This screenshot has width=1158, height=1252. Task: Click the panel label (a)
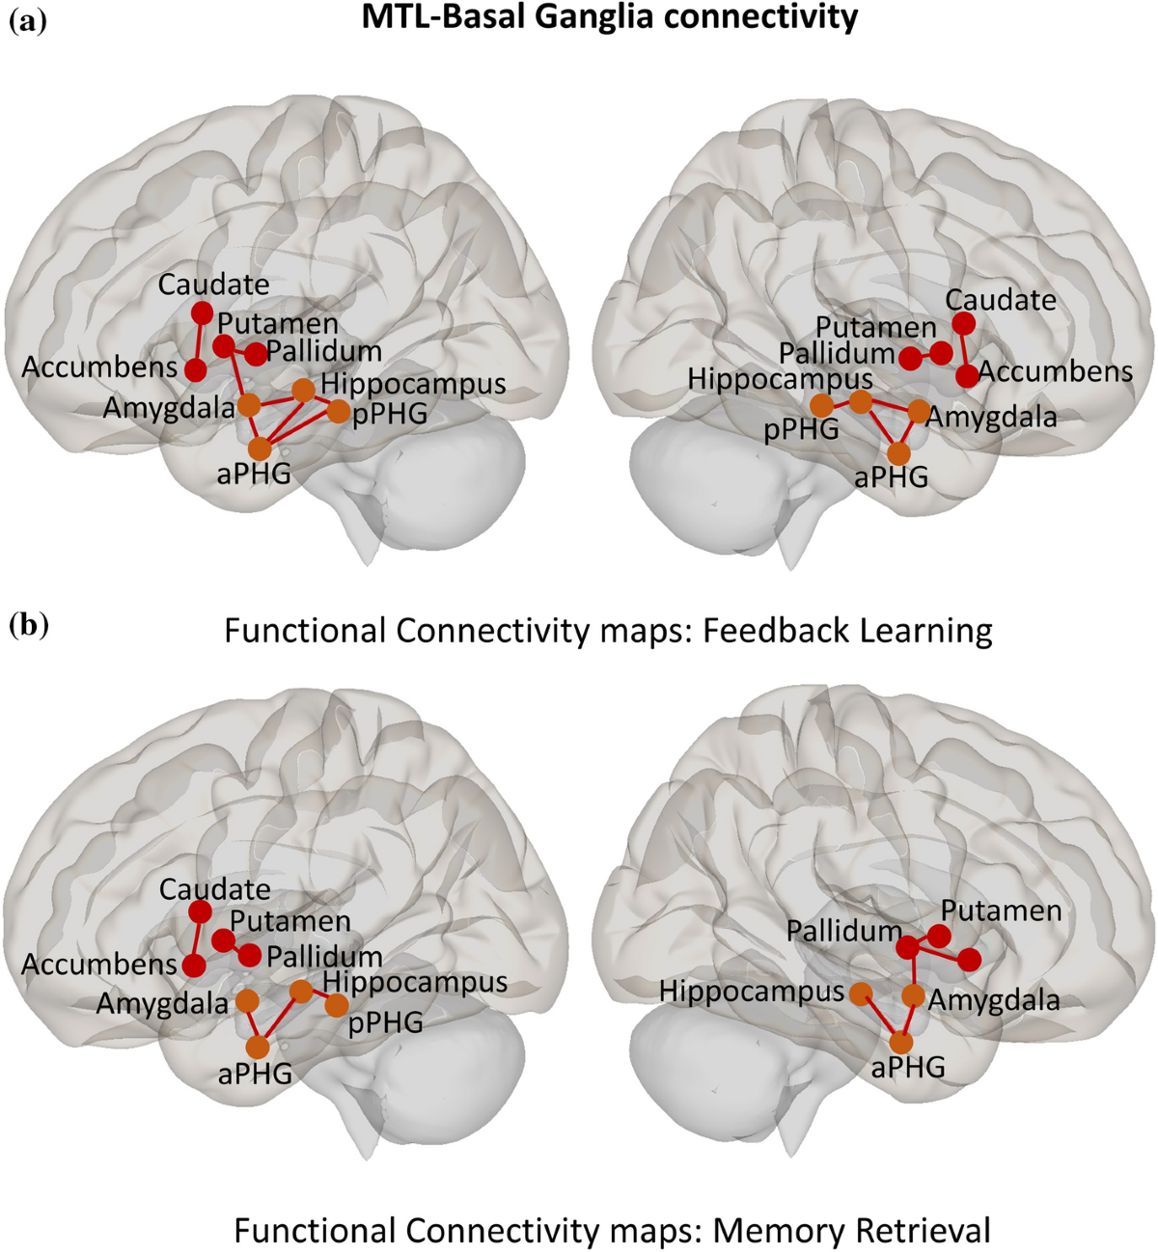27,20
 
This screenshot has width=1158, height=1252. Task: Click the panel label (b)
28,626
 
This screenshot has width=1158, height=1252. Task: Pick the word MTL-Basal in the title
438,16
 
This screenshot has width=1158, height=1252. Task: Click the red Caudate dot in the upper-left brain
202,313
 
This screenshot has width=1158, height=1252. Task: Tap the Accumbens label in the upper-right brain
1056,372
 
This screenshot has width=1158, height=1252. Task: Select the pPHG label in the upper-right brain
801,430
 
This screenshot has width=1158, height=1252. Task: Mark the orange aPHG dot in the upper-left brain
260,449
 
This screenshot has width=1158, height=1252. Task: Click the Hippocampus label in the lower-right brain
752,991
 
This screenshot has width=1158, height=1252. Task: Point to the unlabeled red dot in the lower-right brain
970,959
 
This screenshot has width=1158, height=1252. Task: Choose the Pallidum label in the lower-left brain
324,958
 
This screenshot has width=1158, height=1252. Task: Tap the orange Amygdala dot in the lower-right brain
913,995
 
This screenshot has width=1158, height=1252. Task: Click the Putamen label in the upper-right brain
876,328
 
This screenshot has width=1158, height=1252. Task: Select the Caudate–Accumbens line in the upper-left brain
199,341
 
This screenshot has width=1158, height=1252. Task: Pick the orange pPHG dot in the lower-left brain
337,1006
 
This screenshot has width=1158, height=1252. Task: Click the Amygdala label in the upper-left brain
169,408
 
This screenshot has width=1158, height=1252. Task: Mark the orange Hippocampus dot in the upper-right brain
861,401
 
